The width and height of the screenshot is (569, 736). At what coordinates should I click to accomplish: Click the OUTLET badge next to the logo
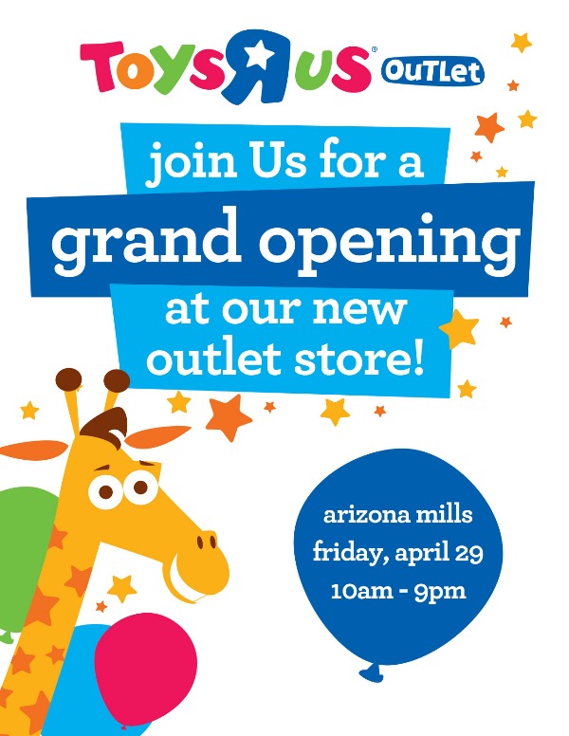click(x=432, y=72)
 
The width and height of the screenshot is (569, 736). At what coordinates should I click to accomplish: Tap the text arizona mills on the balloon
click(x=398, y=514)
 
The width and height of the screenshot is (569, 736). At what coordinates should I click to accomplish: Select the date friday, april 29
click(x=398, y=552)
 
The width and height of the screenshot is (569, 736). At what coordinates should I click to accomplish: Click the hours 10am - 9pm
click(x=398, y=591)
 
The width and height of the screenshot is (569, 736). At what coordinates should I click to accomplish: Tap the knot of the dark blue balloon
click(x=372, y=672)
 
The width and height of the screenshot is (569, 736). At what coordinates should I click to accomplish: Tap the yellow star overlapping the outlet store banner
click(x=459, y=328)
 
